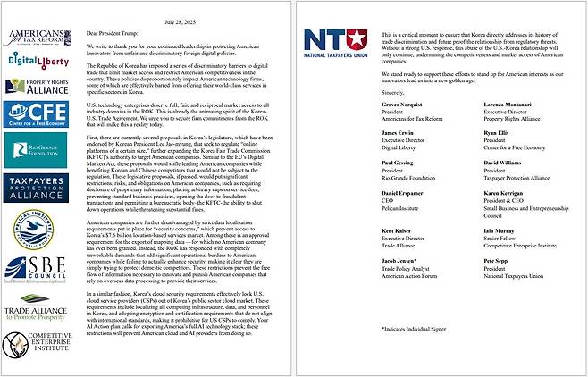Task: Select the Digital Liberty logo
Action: tap(38, 60)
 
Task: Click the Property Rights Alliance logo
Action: tap(38, 88)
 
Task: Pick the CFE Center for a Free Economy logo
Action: tap(38, 115)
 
